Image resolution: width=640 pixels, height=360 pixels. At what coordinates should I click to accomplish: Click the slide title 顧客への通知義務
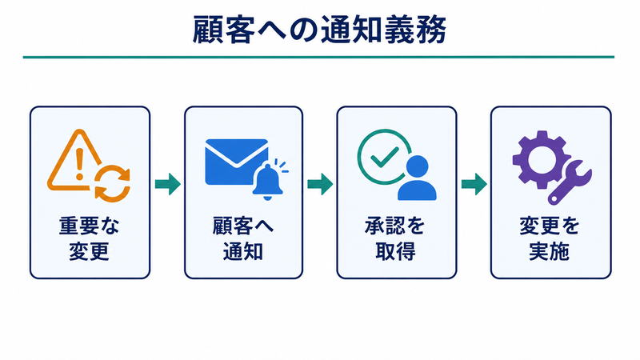pyautogui.click(x=319, y=30)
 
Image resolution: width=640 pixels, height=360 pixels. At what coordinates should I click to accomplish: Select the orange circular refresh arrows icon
pyautogui.click(x=112, y=184)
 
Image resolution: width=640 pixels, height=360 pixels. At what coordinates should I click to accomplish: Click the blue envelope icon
pyautogui.click(x=236, y=162)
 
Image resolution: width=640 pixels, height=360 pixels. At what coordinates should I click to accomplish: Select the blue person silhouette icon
pyautogui.click(x=417, y=178)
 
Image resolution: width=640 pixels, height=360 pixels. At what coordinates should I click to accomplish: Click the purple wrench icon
pyautogui.click(x=570, y=182)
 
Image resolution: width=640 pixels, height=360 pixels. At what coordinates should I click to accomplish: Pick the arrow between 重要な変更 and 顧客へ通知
pyautogui.click(x=168, y=184)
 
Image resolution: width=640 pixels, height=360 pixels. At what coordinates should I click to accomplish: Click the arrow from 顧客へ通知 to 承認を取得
pyautogui.click(x=320, y=184)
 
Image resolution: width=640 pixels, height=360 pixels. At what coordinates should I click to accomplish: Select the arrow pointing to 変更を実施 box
pyautogui.click(x=474, y=184)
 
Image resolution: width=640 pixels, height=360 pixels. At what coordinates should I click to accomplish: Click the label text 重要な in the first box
pyautogui.click(x=90, y=226)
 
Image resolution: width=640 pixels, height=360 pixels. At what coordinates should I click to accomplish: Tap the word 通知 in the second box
pyautogui.click(x=243, y=251)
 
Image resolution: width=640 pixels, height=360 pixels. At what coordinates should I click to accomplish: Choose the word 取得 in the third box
pyautogui.click(x=395, y=251)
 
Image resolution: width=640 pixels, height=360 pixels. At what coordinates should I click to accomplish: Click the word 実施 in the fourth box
pyautogui.click(x=550, y=251)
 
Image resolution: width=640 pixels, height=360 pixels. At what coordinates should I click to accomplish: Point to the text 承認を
pyautogui.click(x=395, y=226)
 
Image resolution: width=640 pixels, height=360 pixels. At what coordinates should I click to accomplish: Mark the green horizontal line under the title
pyautogui.click(x=318, y=57)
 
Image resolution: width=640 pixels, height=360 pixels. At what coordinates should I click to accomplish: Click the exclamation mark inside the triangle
pyautogui.click(x=79, y=163)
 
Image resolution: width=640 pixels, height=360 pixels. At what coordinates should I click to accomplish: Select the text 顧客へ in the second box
pyautogui.click(x=243, y=226)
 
